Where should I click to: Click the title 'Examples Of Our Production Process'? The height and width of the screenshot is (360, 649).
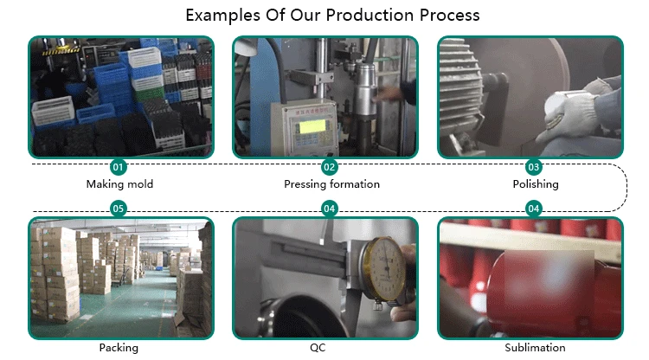[x=332, y=16]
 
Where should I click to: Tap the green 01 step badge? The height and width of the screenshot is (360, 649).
[x=119, y=166]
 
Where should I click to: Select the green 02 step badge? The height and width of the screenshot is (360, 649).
[x=329, y=166]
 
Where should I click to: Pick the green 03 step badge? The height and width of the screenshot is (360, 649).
[x=534, y=166]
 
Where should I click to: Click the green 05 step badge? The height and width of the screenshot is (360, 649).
[x=119, y=209]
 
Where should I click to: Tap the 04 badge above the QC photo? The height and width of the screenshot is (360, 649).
[x=329, y=209]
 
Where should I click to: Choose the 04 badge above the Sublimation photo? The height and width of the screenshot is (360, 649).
[x=534, y=209]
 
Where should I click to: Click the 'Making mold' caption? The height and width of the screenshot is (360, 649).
[x=119, y=184]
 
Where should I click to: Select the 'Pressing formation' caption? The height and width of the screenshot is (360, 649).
[x=331, y=184]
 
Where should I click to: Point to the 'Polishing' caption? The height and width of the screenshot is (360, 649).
[x=535, y=184]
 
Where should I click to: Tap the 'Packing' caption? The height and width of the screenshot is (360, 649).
[x=119, y=348]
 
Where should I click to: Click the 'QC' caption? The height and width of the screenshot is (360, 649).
[x=329, y=348]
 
